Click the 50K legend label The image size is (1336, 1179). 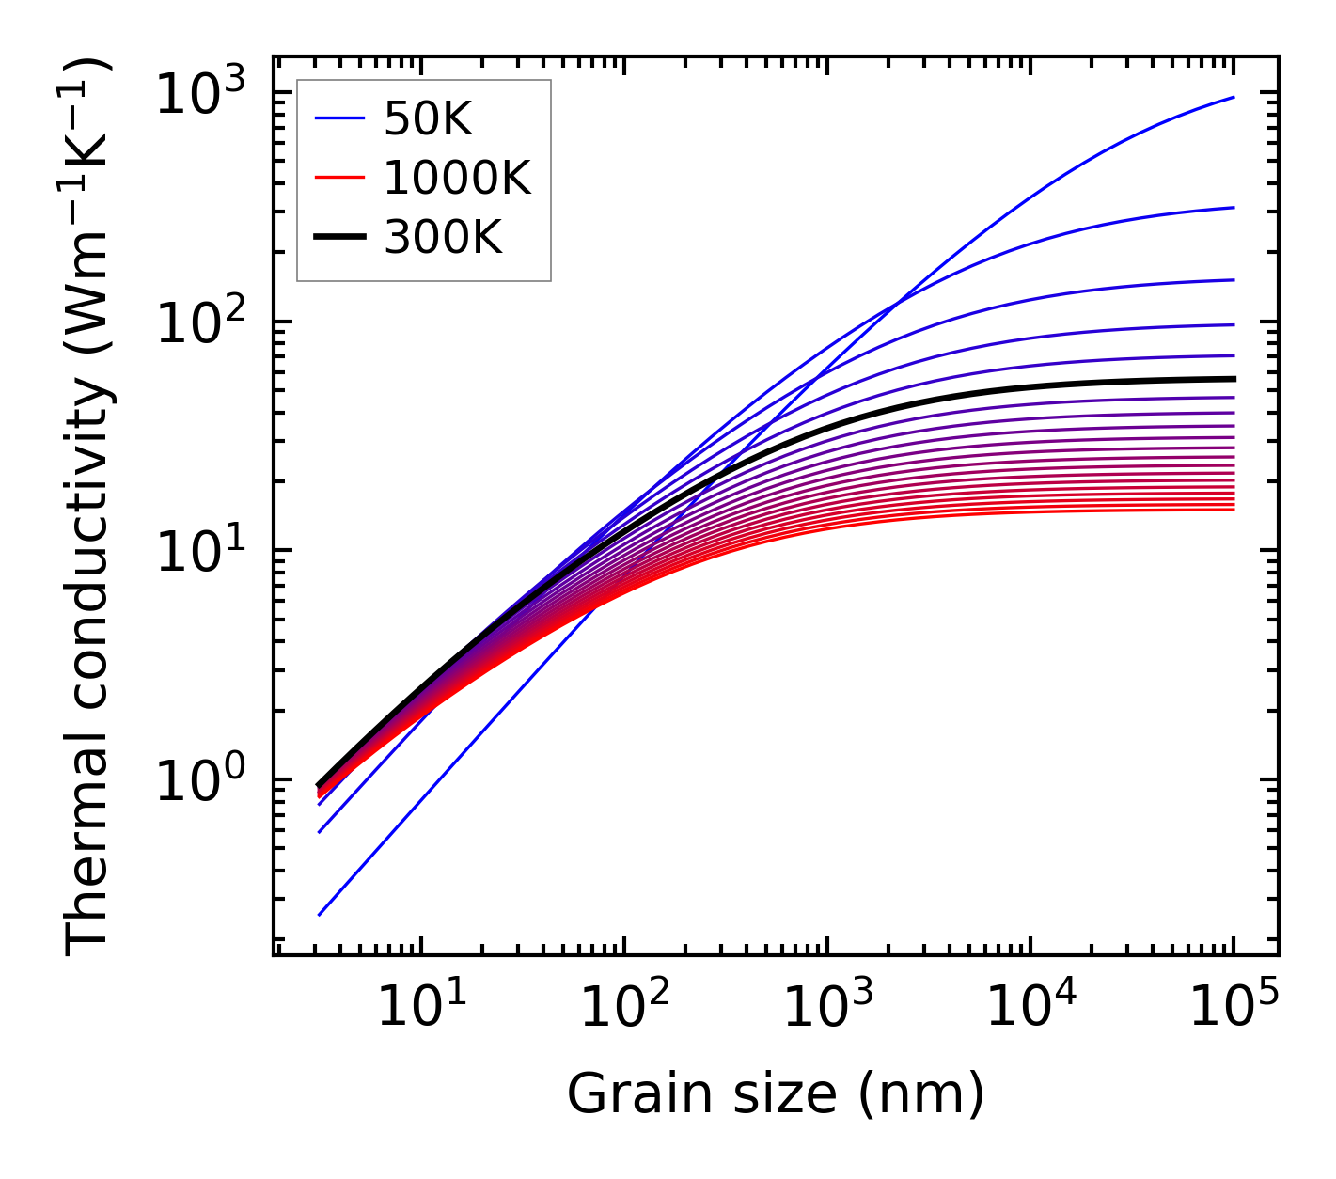coord(428,119)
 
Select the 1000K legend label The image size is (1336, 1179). coord(457,179)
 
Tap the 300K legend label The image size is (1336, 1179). coord(443,239)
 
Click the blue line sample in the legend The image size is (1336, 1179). coord(338,119)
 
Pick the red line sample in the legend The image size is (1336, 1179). coord(338,179)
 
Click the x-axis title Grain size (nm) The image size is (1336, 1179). coord(776,1094)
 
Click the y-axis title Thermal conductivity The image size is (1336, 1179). coord(88,508)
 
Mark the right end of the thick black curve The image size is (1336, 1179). coord(1233,379)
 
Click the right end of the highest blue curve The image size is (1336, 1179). coord(1233,97)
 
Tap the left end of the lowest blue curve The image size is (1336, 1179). coord(320,914)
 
